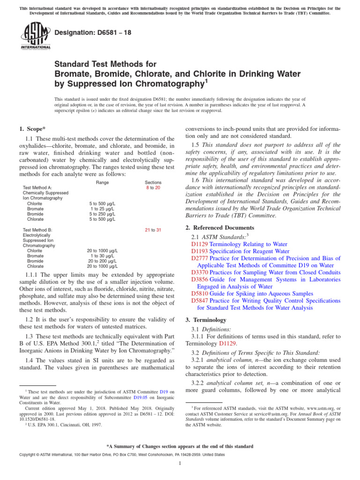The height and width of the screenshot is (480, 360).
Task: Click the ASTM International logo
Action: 36,37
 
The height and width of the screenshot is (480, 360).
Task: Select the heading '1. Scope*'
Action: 32,129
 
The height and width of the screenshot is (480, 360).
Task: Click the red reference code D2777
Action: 200,258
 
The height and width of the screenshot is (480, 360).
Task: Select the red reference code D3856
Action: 200,279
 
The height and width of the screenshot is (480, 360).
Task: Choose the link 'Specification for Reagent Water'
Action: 249,251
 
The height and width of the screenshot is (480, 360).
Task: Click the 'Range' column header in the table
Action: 102,182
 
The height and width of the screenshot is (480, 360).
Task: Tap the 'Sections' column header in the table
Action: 153,182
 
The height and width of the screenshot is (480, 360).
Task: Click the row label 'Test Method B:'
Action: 37,230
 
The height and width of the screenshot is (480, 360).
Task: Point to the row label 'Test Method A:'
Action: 37,187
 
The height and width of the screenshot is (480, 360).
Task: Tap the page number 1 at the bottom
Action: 180,464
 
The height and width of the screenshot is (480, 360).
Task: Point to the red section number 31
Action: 159,230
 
